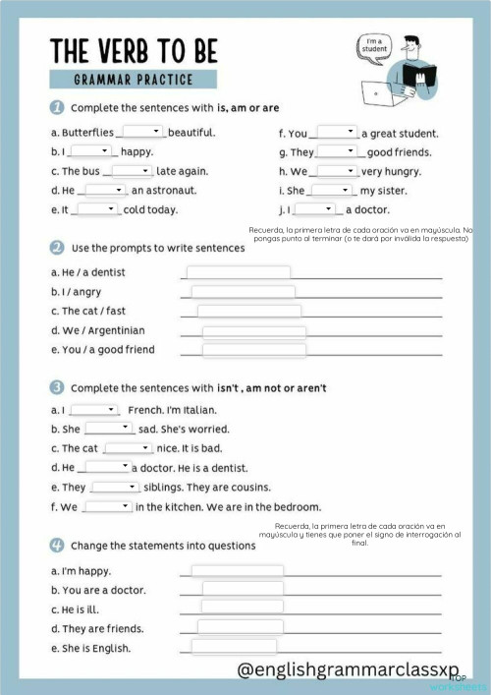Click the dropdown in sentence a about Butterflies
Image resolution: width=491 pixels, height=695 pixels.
point(141,132)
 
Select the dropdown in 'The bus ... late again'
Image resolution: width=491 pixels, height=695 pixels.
point(132,170)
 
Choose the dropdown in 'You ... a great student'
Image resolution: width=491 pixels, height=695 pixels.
point(337,132)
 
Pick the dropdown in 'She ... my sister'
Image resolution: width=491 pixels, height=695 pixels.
point(331,190)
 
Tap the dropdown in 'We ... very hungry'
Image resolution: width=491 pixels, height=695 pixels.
point(336,170)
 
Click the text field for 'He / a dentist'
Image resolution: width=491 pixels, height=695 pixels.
point(238,272)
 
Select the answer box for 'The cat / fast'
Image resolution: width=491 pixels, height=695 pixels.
point(248,312)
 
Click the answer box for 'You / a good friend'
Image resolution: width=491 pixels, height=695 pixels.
point(253,350)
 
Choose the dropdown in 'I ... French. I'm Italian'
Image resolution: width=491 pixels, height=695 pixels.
point(94,410)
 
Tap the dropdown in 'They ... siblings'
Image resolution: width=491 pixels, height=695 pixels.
point(116,487)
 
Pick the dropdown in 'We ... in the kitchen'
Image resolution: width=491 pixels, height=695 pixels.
point(108,506)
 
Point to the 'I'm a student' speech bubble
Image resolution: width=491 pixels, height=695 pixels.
point(374,45)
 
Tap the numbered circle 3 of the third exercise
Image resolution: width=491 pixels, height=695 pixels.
point(57,388)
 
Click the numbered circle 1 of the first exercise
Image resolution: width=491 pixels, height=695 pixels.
point(57,107)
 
